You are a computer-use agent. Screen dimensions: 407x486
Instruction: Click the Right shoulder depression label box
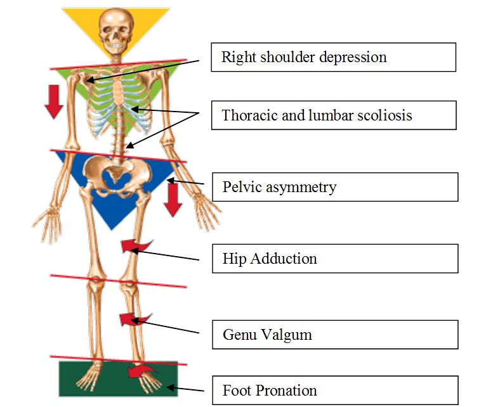pyautogui.click(x=334, y=57)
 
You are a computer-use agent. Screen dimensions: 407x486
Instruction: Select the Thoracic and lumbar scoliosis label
pyautogui.click(x=334, y=115)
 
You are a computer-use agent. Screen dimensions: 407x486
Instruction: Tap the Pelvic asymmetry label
pyautogui.click(x=334, y=187)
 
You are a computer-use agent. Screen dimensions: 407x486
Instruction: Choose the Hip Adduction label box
pyautogui.click(x=334, y=259)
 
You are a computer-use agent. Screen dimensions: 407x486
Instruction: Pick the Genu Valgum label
pyautogui.click(x=334, y=334)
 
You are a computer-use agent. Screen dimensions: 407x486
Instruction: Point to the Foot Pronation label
pyautogui.click(x=334, y=390)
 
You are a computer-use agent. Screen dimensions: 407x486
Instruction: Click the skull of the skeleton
pyautogui.click(x=115, y=32)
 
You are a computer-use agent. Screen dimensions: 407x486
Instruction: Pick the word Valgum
pyautogui.click(x=288, y=334)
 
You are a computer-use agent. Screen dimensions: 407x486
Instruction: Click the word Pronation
pyautogui.click(x=285, y=390)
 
